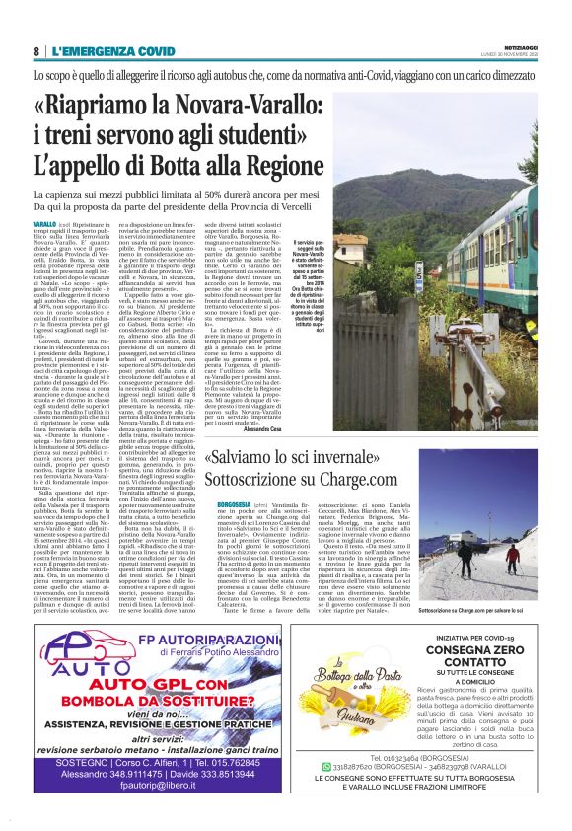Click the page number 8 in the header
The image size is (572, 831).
click(x=36, y=51)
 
